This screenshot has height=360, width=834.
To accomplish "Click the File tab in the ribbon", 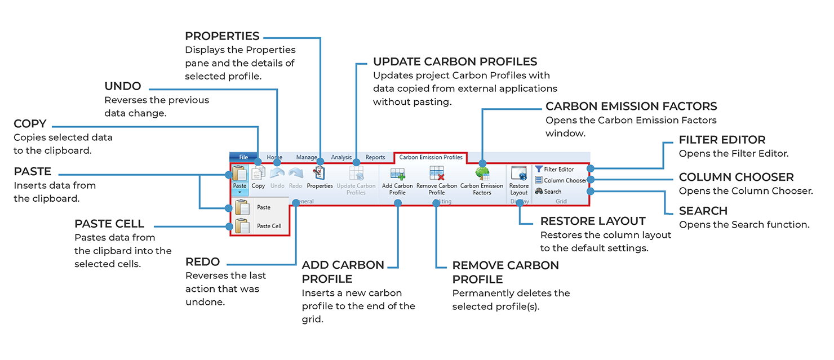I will point(243,157).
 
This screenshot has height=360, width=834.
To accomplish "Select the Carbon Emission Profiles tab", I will point(431,157).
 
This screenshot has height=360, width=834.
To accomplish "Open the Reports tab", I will point(375,157).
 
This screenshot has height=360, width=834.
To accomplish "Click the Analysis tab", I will point(341,157).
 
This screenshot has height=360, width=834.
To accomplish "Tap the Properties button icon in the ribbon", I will point(320,173).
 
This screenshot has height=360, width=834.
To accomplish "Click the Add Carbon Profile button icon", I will point(397,173).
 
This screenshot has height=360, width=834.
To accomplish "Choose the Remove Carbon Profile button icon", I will point(437,173).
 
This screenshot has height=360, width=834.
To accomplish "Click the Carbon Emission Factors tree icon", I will point(482,173).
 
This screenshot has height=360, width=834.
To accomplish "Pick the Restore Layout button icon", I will point(518,173).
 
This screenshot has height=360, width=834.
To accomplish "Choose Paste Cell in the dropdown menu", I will point(269,226).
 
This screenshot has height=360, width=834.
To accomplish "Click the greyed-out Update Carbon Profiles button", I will point(356,180).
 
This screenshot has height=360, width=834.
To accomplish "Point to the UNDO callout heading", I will point(123,87).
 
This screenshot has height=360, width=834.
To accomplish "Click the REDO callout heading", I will point(202,262).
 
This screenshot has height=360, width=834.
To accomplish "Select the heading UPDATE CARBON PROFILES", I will point(455,62).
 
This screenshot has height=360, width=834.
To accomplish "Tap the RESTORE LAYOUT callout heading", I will point(593,221).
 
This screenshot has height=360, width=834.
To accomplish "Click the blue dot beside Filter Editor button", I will point(589,168).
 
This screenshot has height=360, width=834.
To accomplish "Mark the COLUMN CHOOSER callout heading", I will point(736,177).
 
